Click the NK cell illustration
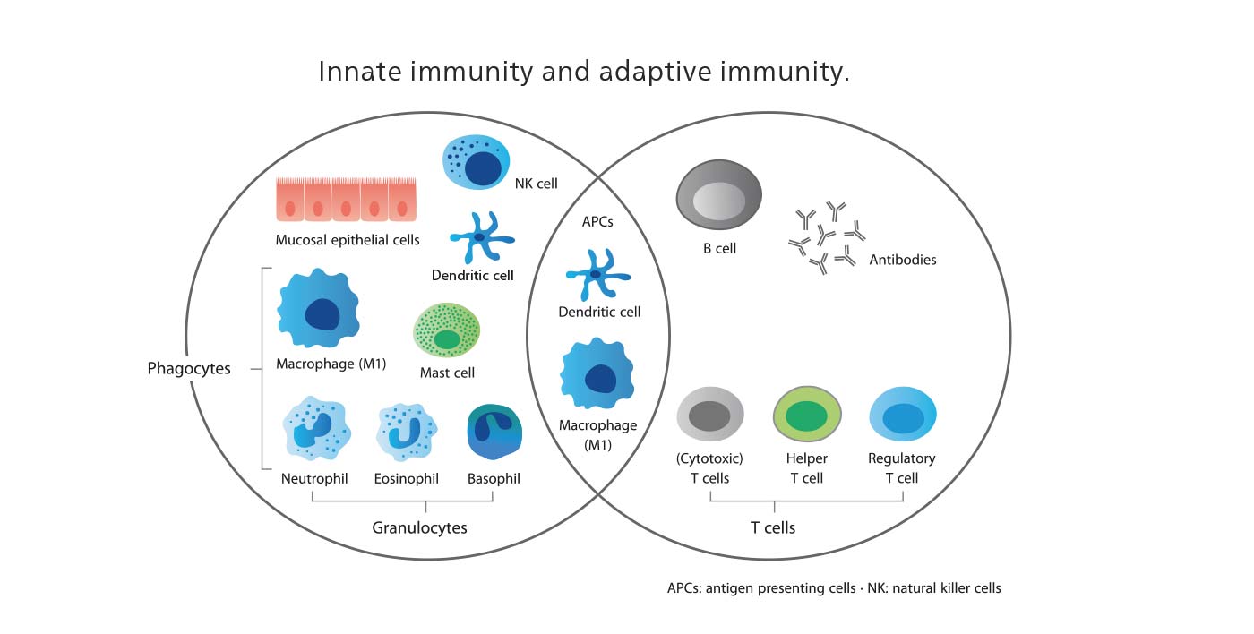coord(477,163)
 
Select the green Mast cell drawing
coord(446,330)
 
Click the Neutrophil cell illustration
coord(315,431)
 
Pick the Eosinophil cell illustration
coord(407,431)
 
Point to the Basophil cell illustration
coord(494,433)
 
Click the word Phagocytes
coord(189,368)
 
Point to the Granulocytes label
coord(419,527)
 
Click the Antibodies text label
coord(902,260)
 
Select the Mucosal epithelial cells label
coord(348,240)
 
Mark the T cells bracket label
coord(772,527)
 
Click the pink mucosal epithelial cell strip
coord(346,200)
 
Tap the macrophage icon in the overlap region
coord(597,374)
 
